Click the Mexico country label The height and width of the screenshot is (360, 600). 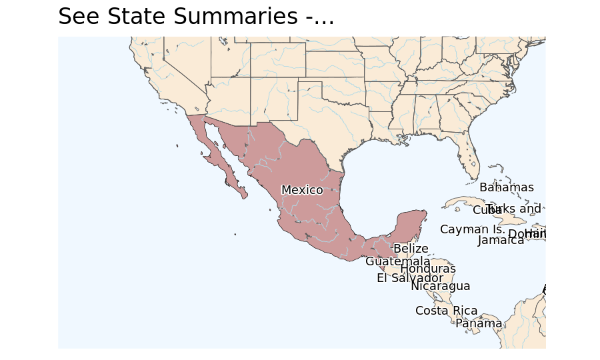pos(302,190)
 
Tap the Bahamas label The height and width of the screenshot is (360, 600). pos(507,187)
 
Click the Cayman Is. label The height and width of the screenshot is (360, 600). pos(473,229)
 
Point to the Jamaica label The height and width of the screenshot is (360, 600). pos(501,240)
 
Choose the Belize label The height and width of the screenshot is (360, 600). pos(411,249)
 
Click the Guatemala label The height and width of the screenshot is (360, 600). pos(397,261)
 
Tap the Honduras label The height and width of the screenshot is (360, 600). pos(428,269)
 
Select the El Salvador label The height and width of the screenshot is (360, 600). pos(409,278)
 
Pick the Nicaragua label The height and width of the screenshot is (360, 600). pos(440,286)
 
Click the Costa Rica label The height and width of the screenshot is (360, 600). pos(446,311)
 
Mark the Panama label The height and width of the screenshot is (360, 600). pos(479,323)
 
